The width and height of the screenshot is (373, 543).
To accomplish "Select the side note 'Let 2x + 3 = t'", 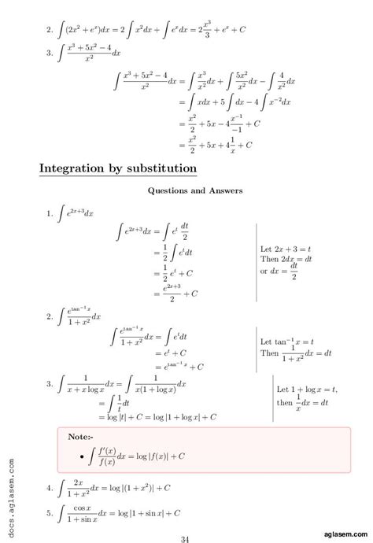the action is pyautogui.click(x=287, y=249).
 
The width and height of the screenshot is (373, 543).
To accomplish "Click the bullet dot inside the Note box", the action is pyautogui.click(x=82, y=456).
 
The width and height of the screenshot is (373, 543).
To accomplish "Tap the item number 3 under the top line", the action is pyautogui.click(x=50, y=54).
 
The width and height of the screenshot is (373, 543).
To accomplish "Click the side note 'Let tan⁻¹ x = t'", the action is pyautogui.click(x=288, y=342).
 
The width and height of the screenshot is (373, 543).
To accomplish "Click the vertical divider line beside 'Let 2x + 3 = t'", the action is pyautogui.click(x=257, y=260).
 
